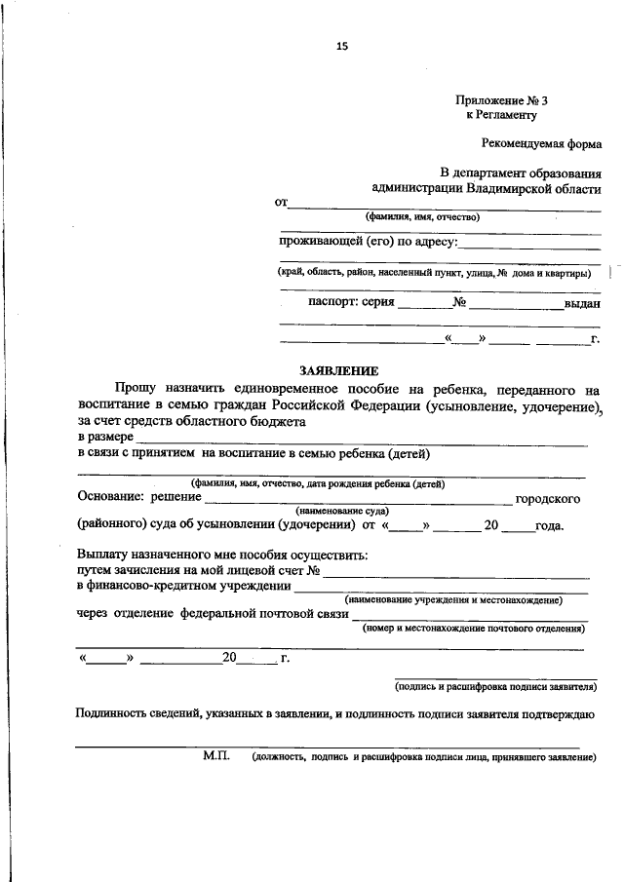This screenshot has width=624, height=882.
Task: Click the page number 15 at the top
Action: point(341,46)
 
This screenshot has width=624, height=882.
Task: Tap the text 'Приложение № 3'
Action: point(494,100)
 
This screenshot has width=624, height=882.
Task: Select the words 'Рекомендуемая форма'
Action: point(542,143)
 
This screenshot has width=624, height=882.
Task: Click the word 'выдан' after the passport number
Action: point(581,303)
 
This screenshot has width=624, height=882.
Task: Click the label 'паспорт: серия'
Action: point(352,302)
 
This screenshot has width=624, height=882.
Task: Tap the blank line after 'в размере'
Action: point(361,440)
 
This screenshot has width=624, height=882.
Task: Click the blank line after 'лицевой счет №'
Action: point(454,570)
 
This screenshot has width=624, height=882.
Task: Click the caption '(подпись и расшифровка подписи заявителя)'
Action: point(494,687)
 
